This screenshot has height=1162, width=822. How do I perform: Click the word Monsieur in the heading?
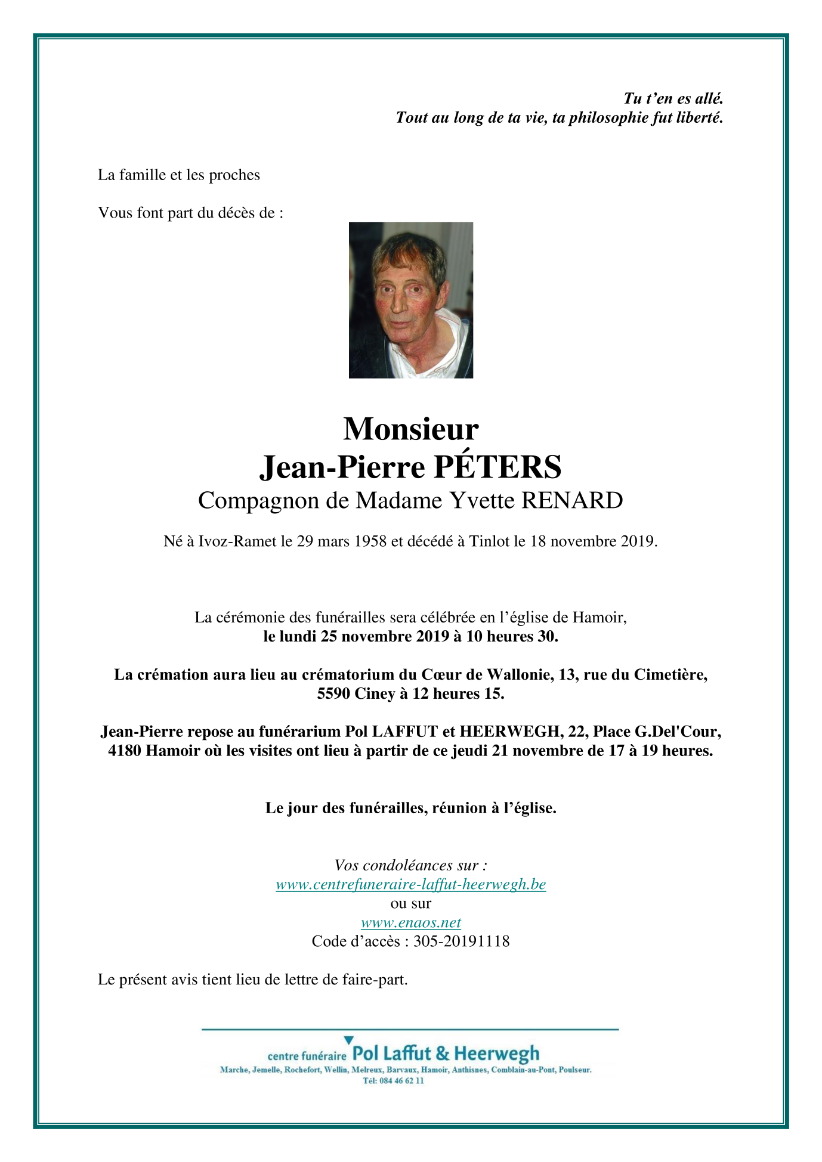[x=410, y=429]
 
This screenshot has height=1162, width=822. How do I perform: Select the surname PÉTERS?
[x=497, y=467]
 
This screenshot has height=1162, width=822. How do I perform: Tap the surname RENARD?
[x=572, y=501]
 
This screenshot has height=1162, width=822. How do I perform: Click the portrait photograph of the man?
[x=410, y=300]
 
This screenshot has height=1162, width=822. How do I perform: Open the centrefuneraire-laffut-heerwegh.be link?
[x=410, y=884]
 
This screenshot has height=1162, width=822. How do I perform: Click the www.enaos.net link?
[x=410, y=922]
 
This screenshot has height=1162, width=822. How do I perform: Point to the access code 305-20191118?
[x=461, y=941]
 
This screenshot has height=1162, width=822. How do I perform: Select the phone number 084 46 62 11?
[x=401, y=1081]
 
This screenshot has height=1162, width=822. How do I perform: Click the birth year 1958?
[x=370, y=541]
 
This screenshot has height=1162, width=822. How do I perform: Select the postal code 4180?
[x=125, y=751]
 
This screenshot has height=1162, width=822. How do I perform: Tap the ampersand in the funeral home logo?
[x=442, y=1054]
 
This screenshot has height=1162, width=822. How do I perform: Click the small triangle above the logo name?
[x=349, y=1040]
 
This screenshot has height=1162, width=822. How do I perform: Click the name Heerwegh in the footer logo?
[x=496, y=1054]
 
